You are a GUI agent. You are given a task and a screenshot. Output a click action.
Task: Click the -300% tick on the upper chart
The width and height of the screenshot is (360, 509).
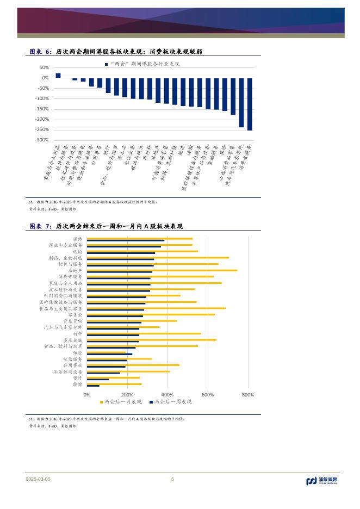click(41, 140)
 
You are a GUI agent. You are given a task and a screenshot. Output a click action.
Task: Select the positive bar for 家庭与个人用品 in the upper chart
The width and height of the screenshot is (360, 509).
click(58, 76)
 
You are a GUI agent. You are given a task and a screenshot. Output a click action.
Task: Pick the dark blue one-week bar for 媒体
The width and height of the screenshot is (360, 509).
click(126, 240)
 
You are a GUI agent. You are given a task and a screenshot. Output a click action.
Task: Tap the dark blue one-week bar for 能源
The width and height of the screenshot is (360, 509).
click(93, 386)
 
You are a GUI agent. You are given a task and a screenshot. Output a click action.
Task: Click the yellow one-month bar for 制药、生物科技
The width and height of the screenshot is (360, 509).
click(158, 257)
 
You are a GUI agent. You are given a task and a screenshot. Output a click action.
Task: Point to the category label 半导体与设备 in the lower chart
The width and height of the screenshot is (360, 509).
click(68, 371)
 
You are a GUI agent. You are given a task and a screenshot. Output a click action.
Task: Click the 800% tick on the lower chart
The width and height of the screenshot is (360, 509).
click(247, 394)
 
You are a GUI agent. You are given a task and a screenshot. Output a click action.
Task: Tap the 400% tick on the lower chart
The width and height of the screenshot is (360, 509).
click(167, 394)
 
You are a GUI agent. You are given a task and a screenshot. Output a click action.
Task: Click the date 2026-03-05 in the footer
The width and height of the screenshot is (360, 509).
click(38, 479)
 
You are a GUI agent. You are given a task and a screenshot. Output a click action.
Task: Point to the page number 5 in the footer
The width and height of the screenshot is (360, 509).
click(172, 479)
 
